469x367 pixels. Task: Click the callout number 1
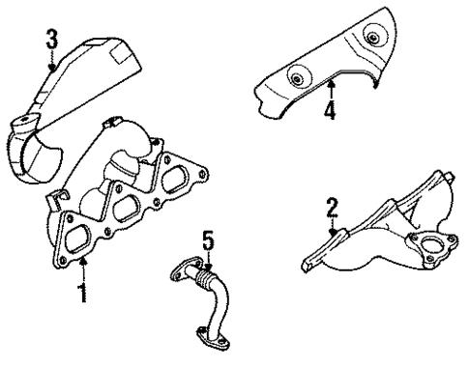83,291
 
